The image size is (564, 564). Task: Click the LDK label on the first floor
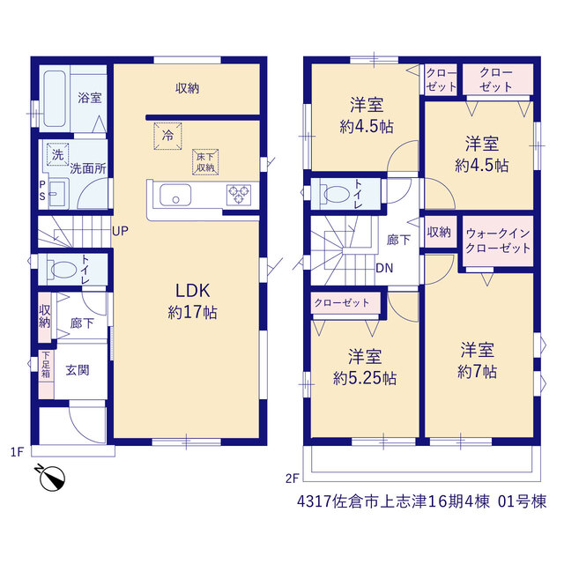click(x=192, y=291)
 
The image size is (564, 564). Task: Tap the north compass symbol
click(x=51, y=478)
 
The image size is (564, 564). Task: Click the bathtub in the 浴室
click(x=55, y=99)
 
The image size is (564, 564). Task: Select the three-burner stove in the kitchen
click(x=239, y=195)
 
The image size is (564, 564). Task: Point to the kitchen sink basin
click(x=175, y=195)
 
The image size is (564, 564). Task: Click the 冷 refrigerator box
click(x=167, y=136)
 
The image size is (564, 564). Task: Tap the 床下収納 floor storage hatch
click(x=205, y=162)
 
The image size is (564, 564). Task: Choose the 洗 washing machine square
click(x=57, y=155)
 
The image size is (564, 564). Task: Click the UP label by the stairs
click(x=120, y=231)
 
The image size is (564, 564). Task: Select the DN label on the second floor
click(x=384, y=268)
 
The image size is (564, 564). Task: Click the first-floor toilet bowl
click(x=63, y=270)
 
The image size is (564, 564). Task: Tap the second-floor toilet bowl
click(x=337, y=194)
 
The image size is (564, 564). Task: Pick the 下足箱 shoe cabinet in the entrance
click(x=46, y=375)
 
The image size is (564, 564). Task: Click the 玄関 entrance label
click(x=78, y=370)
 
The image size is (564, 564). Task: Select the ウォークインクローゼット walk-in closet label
click(x=498, y=241)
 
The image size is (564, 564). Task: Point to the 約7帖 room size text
click(x=477, y=372)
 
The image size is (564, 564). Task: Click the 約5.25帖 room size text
click(x=365, y=378)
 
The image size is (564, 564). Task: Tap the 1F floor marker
click(x=17, y=452)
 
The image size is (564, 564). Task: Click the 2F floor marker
click(x=293, y=479)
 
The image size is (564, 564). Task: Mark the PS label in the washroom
click(x=42, y=191)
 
